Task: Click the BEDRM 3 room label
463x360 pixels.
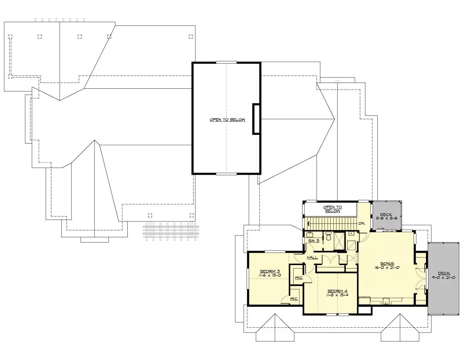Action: tap(270, 271)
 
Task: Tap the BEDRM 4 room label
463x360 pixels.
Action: tap(337, 291)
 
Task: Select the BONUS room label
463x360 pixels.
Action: tap(387, 264)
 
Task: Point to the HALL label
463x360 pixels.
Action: tap(312, 257)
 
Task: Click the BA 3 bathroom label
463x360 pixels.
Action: tap(314, 241)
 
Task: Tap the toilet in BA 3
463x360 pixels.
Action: tap(328, 236)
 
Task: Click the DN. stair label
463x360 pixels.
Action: tap(362, 223)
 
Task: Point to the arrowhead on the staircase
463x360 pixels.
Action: tap(309, 224)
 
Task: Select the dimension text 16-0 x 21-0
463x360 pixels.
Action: tap(387, 267)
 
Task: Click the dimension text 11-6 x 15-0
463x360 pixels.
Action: tap(270, 275)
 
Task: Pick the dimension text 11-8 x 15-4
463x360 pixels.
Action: tap(337, 295)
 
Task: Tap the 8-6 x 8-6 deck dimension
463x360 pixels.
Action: tap(387, 218)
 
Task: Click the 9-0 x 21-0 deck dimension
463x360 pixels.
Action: tap(444, 277)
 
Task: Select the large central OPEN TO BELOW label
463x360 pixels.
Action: tap(227, 120)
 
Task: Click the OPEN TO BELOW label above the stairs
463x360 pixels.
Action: tap(332, 209)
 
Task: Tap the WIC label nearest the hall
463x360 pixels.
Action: tap(299, 278)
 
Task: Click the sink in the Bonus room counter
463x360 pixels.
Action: tap(386, 301)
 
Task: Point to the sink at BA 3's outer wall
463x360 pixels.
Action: tap(309, 235)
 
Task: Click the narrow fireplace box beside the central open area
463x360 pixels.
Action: tap(256, 119)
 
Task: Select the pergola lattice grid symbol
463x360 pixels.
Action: tap(171, 232)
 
